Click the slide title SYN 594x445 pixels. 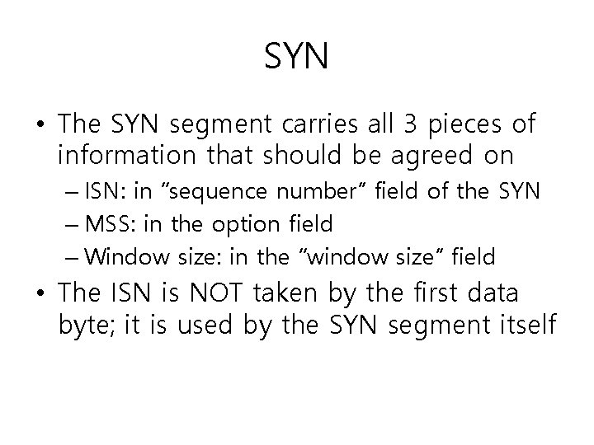click(297, 57)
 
